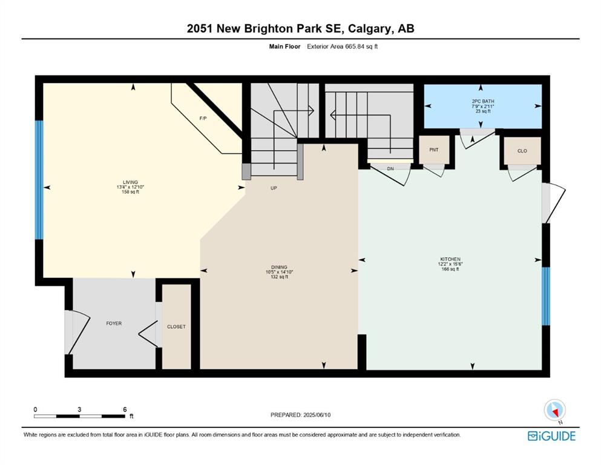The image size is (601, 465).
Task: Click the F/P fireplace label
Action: pyautogui.click(x=203, y=119)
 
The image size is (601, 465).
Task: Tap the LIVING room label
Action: pyautogui.click(x=130, y=182)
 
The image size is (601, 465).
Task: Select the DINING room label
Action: pyautogui.click(x=279, y=267)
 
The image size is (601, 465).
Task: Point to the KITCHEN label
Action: pyautogui.click(x=450, y=259)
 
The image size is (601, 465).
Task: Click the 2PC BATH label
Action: pyautogui.click(x=483, y=101)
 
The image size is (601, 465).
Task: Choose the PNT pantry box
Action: pyautogui.click(x=434, y=150)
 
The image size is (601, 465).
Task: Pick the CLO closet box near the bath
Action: pyautogui.click(x=522, y=151)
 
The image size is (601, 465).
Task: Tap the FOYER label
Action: pyautogui.click(x=114, y=323)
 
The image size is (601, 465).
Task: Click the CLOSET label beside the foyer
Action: pyautogui.click(x=176, y=326)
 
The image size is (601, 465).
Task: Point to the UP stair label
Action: pyautogui.click(x=274, y=188)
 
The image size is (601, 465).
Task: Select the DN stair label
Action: pyautogui.click(x=390, y=169)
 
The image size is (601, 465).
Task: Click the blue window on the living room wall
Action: pyautogui.click(x=39, y=180)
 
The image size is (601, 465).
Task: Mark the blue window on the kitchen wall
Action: pyautogui.click(x=546, y=296)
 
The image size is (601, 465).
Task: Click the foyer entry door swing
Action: pyautogui.click(x=79, y=332)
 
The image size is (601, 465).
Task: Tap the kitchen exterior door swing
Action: pyautogui.click(x=554, y=203)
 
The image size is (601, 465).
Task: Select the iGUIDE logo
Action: pyautogui.click(x=551, y=436)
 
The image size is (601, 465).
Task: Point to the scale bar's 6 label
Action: pyautogui.click(x=125, y=409)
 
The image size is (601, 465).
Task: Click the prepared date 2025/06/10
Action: pyautogui.click(x=317, y=415)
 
